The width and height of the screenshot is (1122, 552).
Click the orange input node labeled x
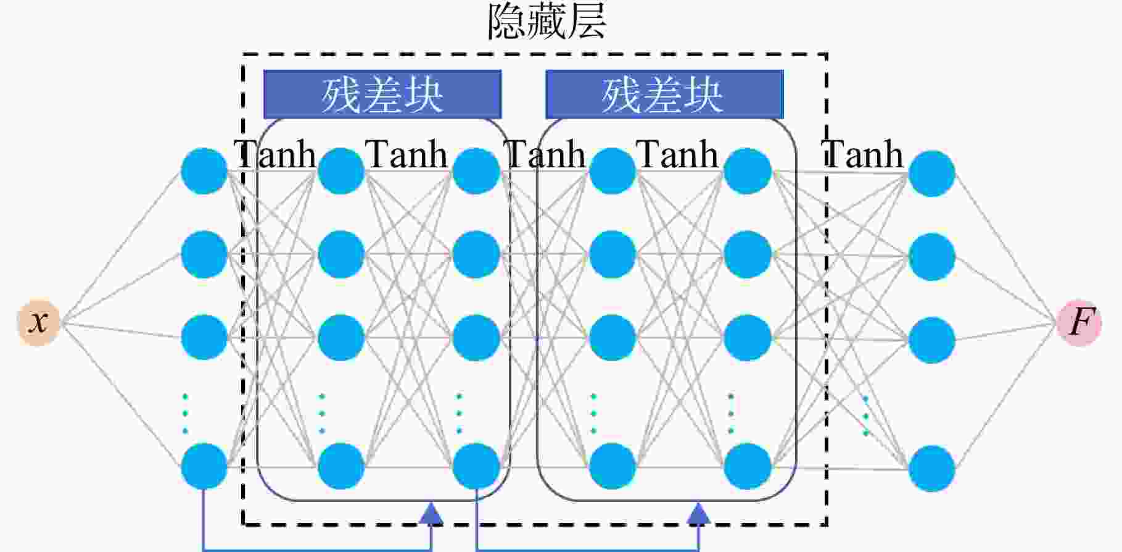pos(38,322)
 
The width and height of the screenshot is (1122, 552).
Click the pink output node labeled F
pos(1079,322)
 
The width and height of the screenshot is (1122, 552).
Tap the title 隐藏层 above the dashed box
pos(547,22)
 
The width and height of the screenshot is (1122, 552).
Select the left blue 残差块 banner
pos(382,94)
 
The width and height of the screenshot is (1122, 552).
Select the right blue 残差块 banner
pos(664,94)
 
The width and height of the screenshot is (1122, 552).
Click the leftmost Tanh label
pos(274,154)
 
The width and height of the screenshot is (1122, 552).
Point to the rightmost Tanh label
pos(863,154)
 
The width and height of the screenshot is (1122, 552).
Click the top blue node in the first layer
pos(204,171)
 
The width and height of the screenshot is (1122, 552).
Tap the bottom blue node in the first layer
pos(204,466)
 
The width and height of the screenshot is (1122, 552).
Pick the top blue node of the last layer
pos(932,174)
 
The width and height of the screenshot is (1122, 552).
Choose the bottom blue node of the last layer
pos(932,469)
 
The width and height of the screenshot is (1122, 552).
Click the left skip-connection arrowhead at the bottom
pos(431,513)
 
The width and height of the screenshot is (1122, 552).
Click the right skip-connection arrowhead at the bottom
pos(698,513)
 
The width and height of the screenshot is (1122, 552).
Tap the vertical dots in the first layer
pos(185,414)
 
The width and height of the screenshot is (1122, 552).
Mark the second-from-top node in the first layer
pos(204,254)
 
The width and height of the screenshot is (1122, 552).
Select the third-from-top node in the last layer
pos(932,340)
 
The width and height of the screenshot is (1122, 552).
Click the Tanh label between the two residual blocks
pos(545,154)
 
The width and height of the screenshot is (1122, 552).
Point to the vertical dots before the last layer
pos(866,416)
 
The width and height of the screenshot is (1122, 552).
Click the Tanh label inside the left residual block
pos(406,154)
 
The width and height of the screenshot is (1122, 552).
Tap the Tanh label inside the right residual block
pos(677,154)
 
